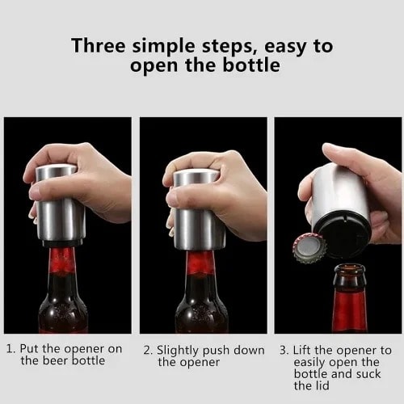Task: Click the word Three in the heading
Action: (x=99, y=45)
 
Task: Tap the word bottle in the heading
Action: (x=251, y=65)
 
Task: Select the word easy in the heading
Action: (x=285, y=47)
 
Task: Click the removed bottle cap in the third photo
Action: (x=309, y=248)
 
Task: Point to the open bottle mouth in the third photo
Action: (x=350, y=269)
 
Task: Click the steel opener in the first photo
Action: (x=61, y=204)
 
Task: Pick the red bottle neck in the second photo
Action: (x=200, y=265)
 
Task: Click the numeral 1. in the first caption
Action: (x=11, y=349)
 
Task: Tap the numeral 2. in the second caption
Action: (x=148, y=351)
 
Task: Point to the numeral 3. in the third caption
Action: (x=284, y=351)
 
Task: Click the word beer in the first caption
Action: (x=54, y=360)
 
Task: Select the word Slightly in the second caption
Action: (x=178, y=351)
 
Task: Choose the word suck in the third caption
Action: (x=368, y=374)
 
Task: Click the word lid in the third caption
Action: (x=322, y=385)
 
